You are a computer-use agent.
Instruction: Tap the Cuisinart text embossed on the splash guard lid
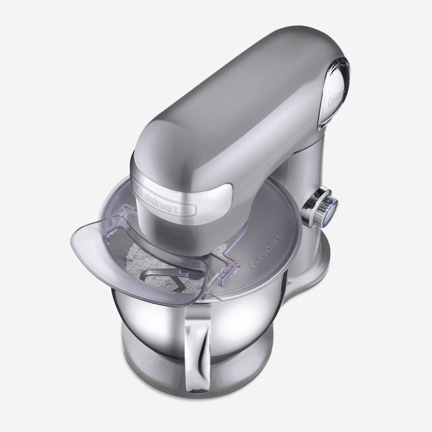coord(266,251)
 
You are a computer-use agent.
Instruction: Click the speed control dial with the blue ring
coord(320,207)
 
